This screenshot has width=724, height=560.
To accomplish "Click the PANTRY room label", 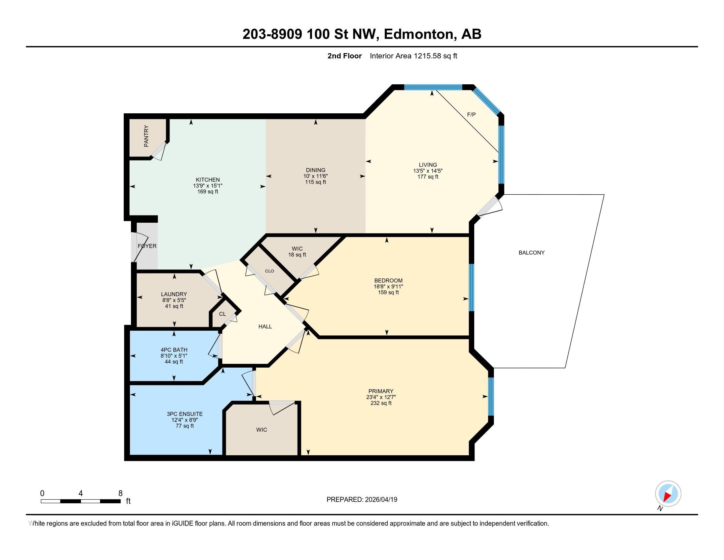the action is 146,136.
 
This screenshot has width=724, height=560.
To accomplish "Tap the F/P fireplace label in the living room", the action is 471,114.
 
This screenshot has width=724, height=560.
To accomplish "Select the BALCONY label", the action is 531,252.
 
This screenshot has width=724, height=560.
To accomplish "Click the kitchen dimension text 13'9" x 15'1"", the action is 208,186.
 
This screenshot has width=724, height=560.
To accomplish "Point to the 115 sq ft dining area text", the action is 316,182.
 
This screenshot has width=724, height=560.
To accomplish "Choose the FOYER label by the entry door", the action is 147,246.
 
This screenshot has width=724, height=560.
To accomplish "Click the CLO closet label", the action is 270,271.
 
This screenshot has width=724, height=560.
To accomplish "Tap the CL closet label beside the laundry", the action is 222,314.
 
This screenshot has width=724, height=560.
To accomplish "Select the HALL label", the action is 265,326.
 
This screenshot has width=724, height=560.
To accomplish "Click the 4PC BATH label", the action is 174,350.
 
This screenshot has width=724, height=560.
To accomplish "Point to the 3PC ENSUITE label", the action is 185,414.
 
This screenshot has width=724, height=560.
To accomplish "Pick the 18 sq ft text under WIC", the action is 297,255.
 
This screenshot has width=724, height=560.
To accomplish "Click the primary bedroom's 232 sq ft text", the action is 381,403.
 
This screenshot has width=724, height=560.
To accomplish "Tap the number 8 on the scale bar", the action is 120,493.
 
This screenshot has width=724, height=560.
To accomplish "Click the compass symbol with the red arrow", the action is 668,493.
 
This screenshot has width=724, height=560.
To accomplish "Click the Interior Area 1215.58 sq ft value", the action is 413,56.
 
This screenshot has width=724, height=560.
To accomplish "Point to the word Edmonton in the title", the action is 419,34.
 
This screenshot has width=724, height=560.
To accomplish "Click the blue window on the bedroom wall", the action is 471,287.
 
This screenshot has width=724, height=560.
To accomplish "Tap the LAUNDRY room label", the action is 174,294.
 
